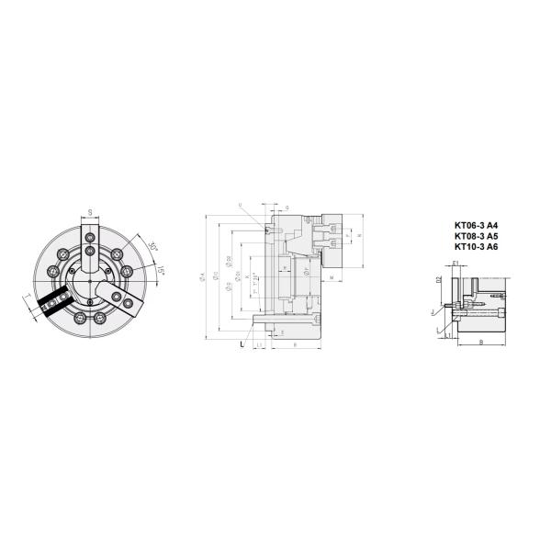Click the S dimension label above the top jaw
coord(90,212)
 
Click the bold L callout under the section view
coord(242,344)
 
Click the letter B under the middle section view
coord(293,344)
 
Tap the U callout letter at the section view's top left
coord(240,204)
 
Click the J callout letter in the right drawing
coord(431,312)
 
